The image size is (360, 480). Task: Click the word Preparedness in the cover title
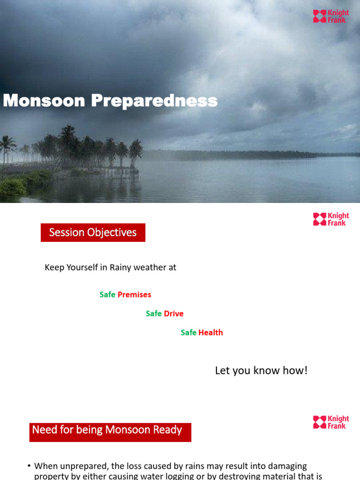[154, 100]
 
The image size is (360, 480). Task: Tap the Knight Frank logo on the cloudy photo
[331, 16]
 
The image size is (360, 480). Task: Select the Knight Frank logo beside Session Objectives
[331, 219]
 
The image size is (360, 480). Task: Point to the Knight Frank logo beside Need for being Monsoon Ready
[331, 422]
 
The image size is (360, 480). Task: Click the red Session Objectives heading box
[93, 232]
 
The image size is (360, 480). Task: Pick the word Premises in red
[134, 295]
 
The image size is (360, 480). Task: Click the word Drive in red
[173, 314]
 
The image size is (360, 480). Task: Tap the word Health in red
[210, 332]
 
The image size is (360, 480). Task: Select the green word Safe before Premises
[107, 295]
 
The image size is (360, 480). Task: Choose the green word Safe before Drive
[154, 314]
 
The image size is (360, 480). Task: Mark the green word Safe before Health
[188, 332]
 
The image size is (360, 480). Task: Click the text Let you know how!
[261, 371]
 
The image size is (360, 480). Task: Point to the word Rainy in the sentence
[120, 268]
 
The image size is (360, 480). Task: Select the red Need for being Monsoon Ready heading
[110, 431]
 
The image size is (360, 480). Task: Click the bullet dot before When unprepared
[29, 466]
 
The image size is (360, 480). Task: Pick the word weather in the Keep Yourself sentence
[148, 268]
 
